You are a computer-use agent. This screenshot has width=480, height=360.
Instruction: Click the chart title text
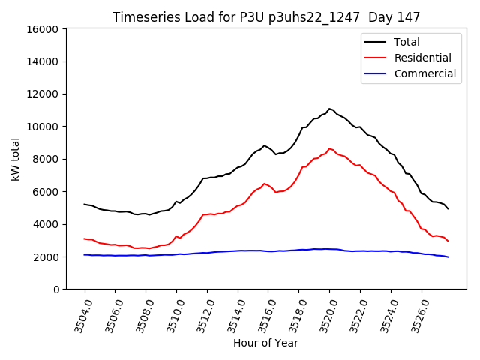click(x=266, y=16)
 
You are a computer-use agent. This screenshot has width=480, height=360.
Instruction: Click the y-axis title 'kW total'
click(x=16, y=159)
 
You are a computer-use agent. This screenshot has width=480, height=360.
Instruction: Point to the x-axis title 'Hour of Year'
click(x=265, y=343)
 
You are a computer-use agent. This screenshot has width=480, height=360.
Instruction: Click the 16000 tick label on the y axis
click(x=41, y=29)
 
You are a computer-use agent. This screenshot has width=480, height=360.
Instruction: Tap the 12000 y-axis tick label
click(x=41, y=94)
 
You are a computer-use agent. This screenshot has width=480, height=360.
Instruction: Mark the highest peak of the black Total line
click(x=329, y=109)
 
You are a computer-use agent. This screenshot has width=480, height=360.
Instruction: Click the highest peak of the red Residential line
click(x=329, y=148)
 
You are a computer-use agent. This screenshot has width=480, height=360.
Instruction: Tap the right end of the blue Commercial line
click(x=448, y=257)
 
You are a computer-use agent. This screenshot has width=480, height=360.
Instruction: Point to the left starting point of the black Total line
click(x=85, y=204)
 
